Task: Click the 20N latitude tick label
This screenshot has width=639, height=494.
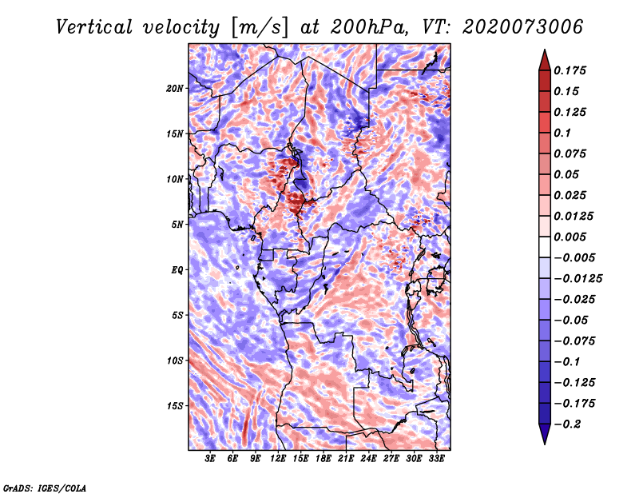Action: pyautogui.click(x=175, y=88)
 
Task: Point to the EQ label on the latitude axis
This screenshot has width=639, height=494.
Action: pyautogui.click(x=177, y=270)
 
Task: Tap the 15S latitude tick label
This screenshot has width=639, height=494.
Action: pyautogui.click(x=175, y=406)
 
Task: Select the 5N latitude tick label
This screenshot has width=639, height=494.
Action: pyautogui.click(x=177, y=225)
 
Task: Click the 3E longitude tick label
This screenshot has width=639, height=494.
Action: pyautogui.click(x=211, y=460)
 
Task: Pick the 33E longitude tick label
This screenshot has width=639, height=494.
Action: pyautogui.click(x=437, y=460)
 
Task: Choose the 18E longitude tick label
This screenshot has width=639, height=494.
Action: pyautogui.click(x=323, y=460)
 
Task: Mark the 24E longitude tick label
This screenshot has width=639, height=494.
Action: pyautogui.click(x=369, y=460)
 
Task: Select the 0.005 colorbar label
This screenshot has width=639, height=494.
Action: pyautogui.click(x=572, y=237)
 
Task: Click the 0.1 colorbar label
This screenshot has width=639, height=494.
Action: pyautogui.click(x=563, y=133)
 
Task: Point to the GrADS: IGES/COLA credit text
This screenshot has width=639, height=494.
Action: pyautogui.click(x=44, y=487)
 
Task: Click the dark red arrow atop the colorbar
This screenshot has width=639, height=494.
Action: pyautogui.click(x=544, y=58)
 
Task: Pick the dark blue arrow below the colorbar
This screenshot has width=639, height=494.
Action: pyautogui.click(x=544, y=435)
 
